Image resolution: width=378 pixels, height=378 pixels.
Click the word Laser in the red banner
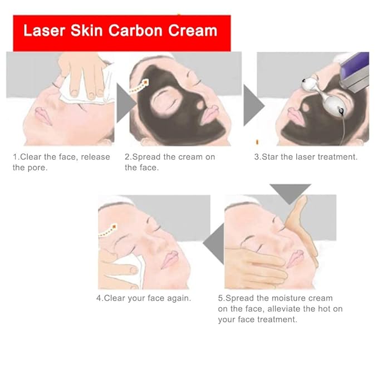coord(44,30)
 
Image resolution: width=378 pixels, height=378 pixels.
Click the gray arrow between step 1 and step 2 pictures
coord(124,104)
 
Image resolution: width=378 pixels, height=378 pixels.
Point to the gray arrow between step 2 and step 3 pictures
coord(253,104)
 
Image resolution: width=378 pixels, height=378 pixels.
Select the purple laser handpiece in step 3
coord(357,70)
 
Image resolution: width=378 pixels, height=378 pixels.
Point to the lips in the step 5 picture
coord(294,258)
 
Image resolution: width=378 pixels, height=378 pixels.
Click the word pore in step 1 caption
coord(37,168)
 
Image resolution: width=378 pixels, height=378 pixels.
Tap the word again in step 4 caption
coord(179,298)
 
